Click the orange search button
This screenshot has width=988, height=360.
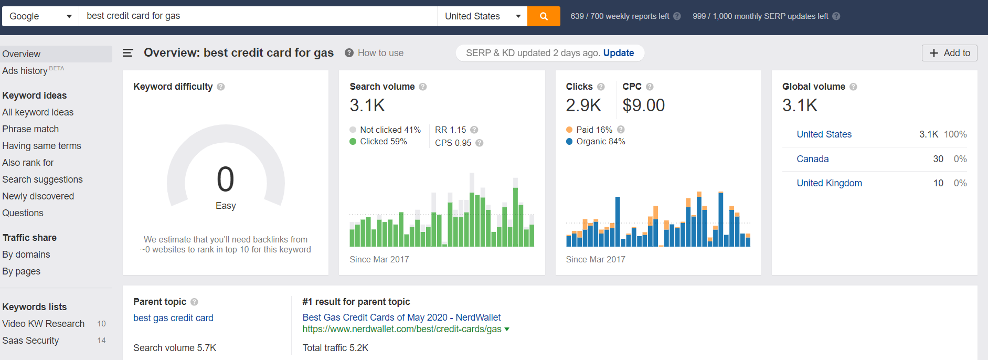coord(544,16)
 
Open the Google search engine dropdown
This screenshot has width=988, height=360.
coord(40,16)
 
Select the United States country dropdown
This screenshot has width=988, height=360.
coord(482,16)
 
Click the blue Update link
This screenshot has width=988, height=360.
coord(619,53)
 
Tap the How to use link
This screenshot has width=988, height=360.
coord(380,53)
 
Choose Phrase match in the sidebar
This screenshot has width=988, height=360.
coord(30,129)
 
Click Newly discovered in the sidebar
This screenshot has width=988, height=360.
coord(38,196)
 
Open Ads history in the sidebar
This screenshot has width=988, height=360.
coord(25,71)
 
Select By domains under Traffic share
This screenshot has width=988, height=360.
coord(26,255)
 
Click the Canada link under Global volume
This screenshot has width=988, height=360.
coord(813,159)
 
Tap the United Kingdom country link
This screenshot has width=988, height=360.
coord(829,183)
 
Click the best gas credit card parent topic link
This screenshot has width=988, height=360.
coord(173,318)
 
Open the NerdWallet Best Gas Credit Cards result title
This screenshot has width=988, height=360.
coord(401,317)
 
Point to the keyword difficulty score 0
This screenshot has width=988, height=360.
coord(226,179)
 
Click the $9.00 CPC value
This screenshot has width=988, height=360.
coord(643,105)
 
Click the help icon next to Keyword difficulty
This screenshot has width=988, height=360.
coord(221,87)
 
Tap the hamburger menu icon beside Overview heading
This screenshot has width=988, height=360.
coord(128,53)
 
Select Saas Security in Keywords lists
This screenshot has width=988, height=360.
coord(30,341)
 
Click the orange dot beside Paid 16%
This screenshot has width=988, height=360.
coord(569,130)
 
